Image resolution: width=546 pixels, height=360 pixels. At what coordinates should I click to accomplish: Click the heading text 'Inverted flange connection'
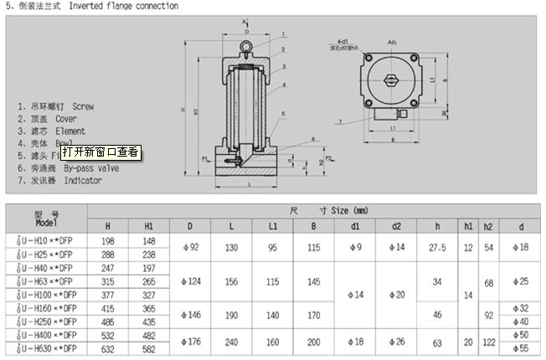click(x=124, y=6)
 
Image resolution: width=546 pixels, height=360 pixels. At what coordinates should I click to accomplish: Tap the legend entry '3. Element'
click(x=52, y=131)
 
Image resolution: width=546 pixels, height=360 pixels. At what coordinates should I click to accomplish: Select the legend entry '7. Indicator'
click(x=59, y=181)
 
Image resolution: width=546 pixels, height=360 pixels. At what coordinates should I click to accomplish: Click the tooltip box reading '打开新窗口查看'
click(x=107, y=152)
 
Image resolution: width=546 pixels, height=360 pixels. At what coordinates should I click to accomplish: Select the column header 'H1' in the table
click(x=149, y=225)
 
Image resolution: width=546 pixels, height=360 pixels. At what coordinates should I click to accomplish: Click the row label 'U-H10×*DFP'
click(x=46, y=241)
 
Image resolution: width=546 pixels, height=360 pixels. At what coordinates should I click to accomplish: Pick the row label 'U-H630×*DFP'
click(x=46, y=347)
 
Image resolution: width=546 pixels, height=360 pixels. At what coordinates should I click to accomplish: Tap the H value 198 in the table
click(x=108, y=241)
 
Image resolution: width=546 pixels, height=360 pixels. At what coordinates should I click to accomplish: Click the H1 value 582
click(x=149, y=347)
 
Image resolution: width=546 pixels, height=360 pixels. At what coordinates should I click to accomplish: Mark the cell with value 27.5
click(x=437, y=247)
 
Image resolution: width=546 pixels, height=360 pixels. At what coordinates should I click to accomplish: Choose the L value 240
click(x=231, y=342)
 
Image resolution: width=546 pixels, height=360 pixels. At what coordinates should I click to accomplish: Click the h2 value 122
click(x=489, y=342)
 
